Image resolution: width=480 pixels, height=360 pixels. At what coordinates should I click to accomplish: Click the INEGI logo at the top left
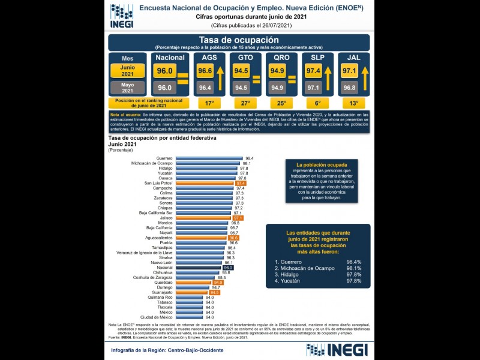[x=122, y=16]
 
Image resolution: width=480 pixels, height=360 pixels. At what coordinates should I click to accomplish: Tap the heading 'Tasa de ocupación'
[x=239, y=40]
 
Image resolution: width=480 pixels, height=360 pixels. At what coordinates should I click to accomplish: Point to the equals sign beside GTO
[x=257, y=79]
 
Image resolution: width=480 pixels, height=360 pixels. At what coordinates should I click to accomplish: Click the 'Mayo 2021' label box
[x=127, y=87]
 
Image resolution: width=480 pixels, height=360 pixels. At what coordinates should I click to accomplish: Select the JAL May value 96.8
[x=349, y=88]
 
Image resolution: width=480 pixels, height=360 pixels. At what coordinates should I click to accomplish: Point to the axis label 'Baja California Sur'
[x=156, y=213]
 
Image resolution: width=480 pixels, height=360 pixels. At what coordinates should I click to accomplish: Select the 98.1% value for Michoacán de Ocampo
[x=353, y=268]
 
